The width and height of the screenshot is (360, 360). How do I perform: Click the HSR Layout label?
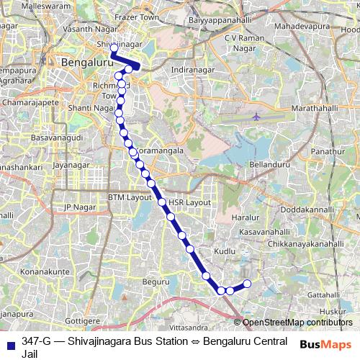tap(189, 202)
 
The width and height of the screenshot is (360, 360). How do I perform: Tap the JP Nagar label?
tap(80, 207)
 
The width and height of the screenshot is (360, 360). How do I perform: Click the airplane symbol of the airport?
tap(257, 115)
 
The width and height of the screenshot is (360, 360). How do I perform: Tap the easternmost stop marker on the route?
tap(247, 284)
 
